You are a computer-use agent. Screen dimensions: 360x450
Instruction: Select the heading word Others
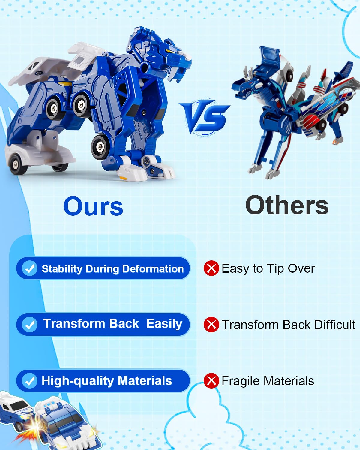(x=287, y=205)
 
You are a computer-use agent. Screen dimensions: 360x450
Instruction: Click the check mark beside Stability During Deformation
(x=30, y=268)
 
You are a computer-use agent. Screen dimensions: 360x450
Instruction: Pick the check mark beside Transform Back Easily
(x=30, y=325)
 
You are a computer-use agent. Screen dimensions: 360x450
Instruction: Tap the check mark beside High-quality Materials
(x=30, y=381)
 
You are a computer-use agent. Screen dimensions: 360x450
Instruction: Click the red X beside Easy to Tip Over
(x=211, y=268)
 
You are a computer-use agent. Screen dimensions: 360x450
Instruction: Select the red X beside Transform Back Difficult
(x=211, y=325)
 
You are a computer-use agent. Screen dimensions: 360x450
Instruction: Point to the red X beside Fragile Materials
(x=211, y=381)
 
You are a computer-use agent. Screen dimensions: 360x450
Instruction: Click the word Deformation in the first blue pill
(x=153, y=269)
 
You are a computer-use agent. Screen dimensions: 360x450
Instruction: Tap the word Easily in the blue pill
(x=164, y=324)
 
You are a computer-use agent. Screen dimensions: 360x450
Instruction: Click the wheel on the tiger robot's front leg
(x=100, y=147)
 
